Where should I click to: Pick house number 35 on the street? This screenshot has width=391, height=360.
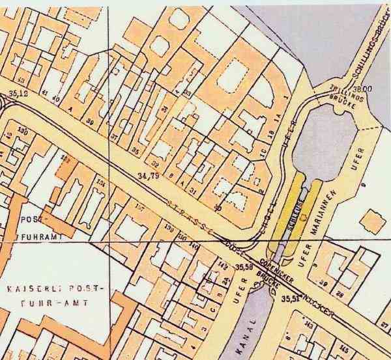coord(136,150)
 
